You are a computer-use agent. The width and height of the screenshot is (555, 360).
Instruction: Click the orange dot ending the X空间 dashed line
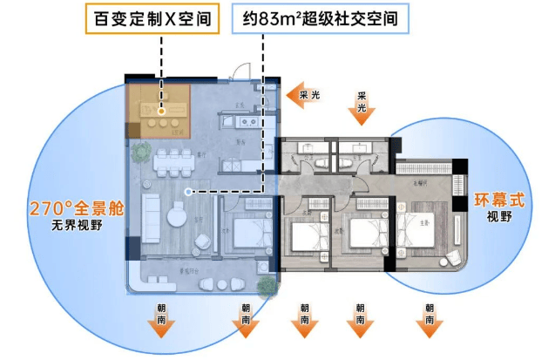coord(163,112)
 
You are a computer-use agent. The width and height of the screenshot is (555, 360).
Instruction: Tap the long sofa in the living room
coord(149,212)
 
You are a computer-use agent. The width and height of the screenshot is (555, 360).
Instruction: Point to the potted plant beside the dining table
coord(140,153)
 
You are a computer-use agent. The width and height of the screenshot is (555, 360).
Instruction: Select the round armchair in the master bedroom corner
coord(453,259)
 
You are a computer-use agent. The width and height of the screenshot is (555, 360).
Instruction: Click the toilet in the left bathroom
coord(320,162)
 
